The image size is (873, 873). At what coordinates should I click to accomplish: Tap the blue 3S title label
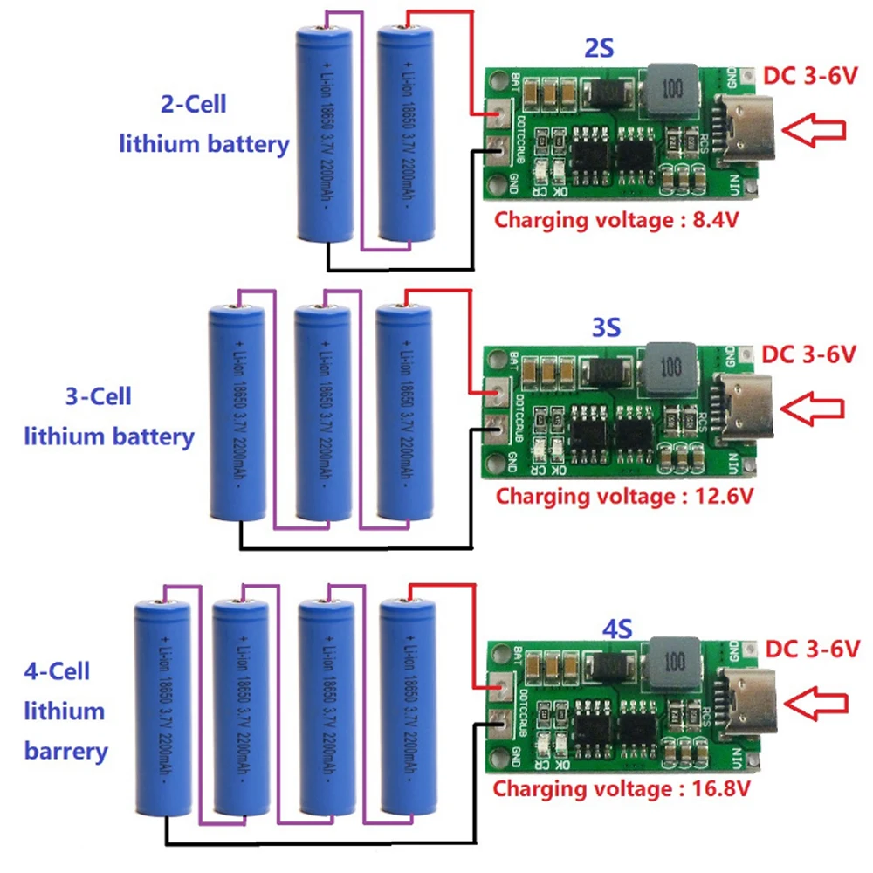(x=606, y=329)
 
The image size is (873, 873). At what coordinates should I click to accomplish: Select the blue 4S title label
(x=617, y=626)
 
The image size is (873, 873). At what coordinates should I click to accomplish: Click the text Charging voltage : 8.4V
(x=617, y=219)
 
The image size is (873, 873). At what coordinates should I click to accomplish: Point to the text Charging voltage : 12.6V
(x=624, y=497)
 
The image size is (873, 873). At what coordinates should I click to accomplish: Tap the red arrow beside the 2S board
(x=814, y=129)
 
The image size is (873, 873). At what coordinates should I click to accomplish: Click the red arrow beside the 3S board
(x=812, y=407)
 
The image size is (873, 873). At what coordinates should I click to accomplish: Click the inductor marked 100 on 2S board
(x=671, y=90)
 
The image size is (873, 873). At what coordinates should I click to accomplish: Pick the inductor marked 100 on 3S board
(x=671, y=366)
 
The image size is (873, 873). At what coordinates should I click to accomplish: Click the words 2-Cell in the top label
(x=193, y=104)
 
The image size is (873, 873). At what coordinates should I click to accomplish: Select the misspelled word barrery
(x=66, y=750)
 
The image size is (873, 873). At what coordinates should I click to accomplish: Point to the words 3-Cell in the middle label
(x=99, y=396)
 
